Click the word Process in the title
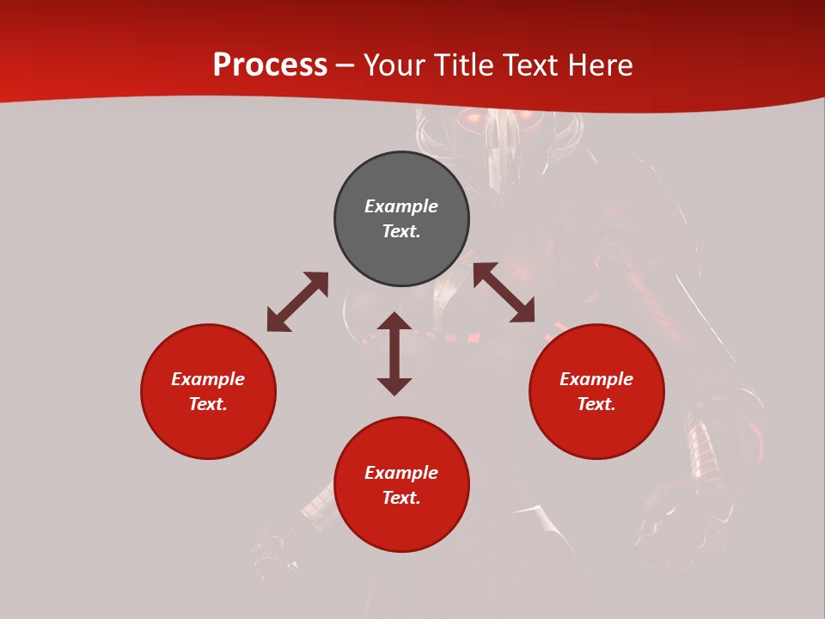[270, 65]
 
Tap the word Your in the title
[395, 65]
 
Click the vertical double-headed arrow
[394, 353]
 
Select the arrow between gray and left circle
[297, 302]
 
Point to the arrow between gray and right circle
[504, 292]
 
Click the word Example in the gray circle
[401, 206]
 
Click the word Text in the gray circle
[400, 231]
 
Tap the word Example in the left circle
[208, 379]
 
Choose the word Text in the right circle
[596, 404]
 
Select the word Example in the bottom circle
[401, 473]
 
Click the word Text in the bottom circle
[400, 498]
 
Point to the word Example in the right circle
[596, 379]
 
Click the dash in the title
[345, 66]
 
